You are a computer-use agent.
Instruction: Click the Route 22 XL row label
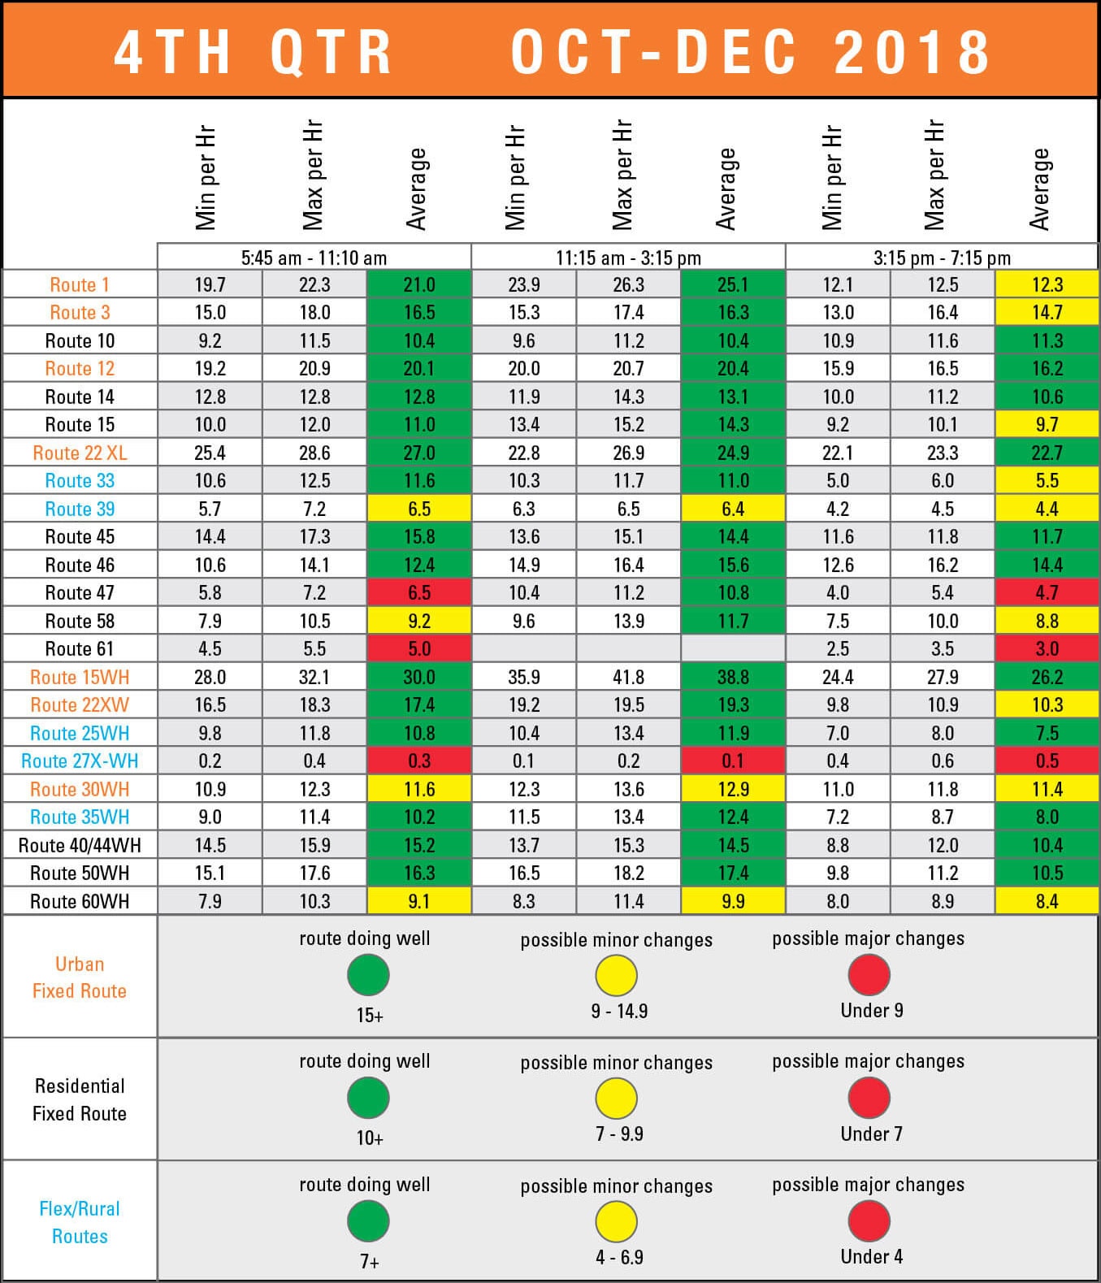(80, 453)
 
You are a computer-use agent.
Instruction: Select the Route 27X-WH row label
(80, 761)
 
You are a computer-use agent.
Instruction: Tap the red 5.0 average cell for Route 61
(418, 648)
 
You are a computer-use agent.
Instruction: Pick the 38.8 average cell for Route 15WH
(733, 677)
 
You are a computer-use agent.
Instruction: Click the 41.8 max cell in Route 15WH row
(628, 677)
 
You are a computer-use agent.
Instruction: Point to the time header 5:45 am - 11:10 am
(314, 258)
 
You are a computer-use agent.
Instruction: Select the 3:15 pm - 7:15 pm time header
(942, 258)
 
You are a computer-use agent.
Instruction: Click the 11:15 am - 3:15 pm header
(628, 258)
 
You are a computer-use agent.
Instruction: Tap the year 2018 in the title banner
(912, 52)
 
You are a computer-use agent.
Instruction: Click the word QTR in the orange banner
(332, 52)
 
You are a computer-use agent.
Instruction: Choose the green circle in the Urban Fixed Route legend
(368, 975)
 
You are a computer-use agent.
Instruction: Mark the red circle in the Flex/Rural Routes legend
(869, 1221)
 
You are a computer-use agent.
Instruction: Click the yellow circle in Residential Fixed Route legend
(616, 1099)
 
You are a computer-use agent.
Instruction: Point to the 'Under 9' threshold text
(871, 1010)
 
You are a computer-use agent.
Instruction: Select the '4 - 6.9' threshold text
(619, 1257)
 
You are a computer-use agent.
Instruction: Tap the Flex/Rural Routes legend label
(80, 1222)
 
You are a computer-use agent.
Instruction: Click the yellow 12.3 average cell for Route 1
(1047, 284)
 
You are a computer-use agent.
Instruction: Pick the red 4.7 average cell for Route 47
(1047, 592)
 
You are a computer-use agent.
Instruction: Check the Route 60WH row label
(80, 901)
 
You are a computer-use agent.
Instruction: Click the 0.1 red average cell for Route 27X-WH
(733, 761)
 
